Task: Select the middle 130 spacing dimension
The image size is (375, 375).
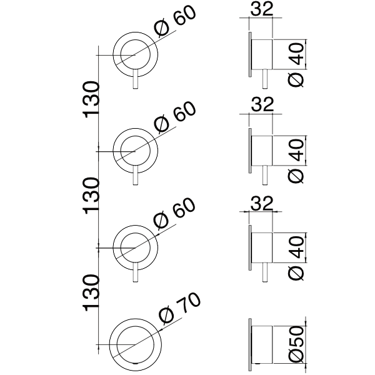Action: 92,196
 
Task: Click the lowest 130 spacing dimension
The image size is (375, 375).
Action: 92,292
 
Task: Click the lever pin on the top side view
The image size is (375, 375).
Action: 269,81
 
